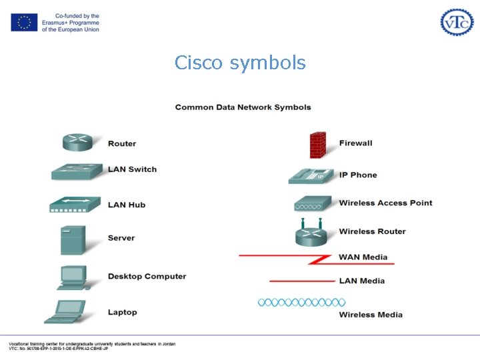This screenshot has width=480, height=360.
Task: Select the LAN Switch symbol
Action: (77, 171)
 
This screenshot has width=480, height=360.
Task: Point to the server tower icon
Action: (73, 240)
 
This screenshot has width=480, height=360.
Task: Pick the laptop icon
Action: (67, 312)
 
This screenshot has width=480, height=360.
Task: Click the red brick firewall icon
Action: (318, 145)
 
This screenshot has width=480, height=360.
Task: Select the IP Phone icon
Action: (311, 175)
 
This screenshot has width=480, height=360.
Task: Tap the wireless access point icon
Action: (313, 204)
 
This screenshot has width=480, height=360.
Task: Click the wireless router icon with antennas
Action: (313, 233)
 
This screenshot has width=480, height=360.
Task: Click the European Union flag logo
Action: (24, 22)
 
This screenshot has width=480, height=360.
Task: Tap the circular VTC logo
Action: (457, 22)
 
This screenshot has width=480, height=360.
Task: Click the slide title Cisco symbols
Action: (240, 63)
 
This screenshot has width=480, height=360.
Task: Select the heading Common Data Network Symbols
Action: (243, 107)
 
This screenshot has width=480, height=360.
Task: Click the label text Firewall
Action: (355, 143)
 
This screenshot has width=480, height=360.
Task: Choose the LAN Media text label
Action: (361, 281)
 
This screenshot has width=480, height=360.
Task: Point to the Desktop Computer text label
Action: (147, 276)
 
